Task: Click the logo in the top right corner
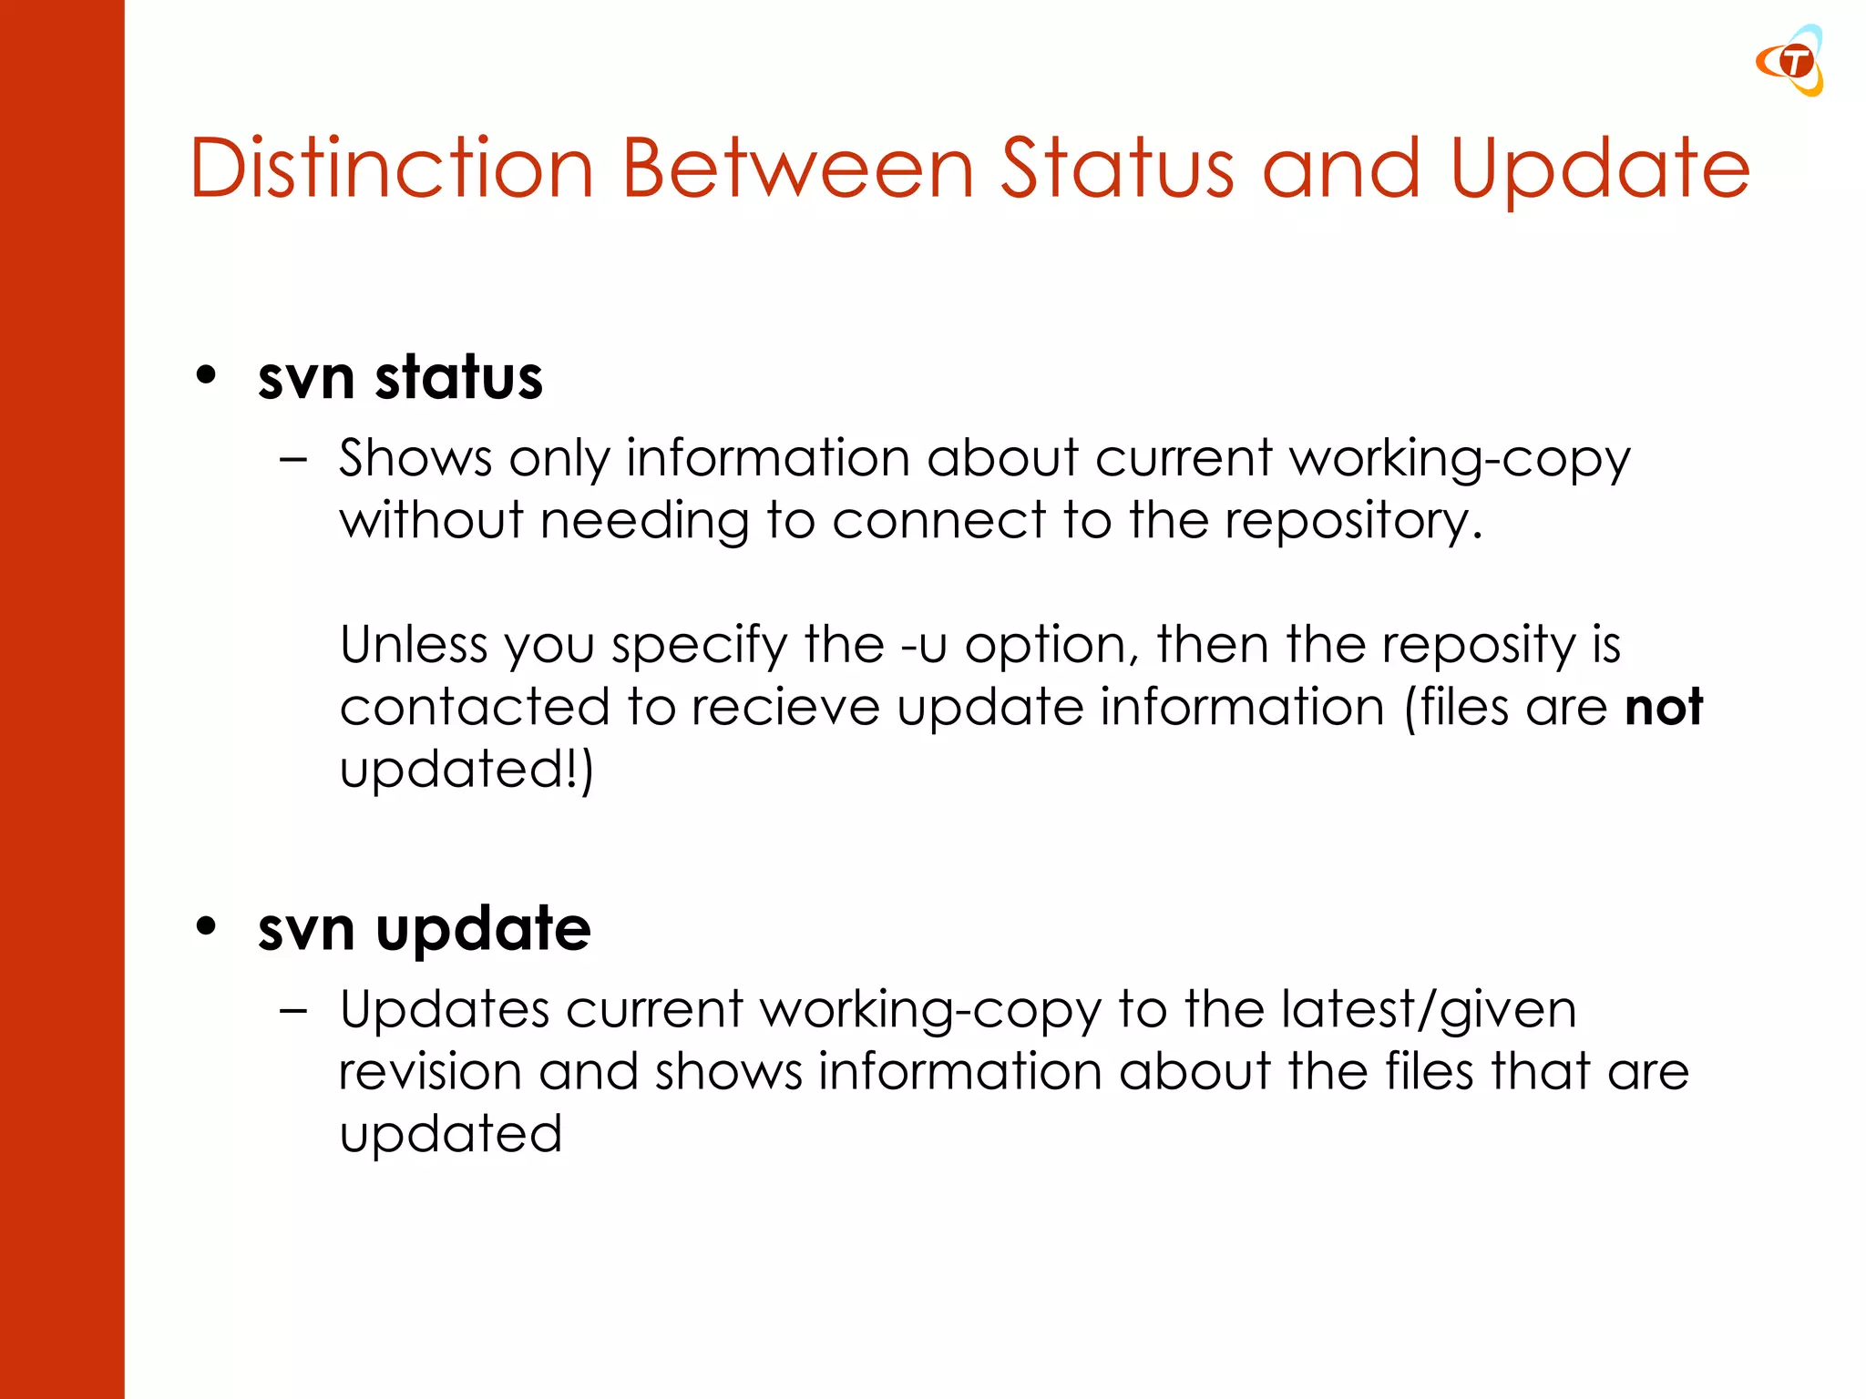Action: click(x=1790, y=61)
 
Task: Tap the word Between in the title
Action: click(x=798, y=168)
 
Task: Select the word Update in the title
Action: click(x=1600, y=168)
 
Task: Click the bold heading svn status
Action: click(x=400, y=377)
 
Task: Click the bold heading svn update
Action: click(x=425, y=929)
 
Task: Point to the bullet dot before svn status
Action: click(x=207, y=375)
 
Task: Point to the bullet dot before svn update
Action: click(x=207, y=926)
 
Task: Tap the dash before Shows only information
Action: click(x=293, y=460)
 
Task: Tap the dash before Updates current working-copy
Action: click(x=293, y=1011)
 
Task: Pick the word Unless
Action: click(x=414, y=645)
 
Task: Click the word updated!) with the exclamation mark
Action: click(x=466, y=770)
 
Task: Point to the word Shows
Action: click(x=415, y=458)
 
